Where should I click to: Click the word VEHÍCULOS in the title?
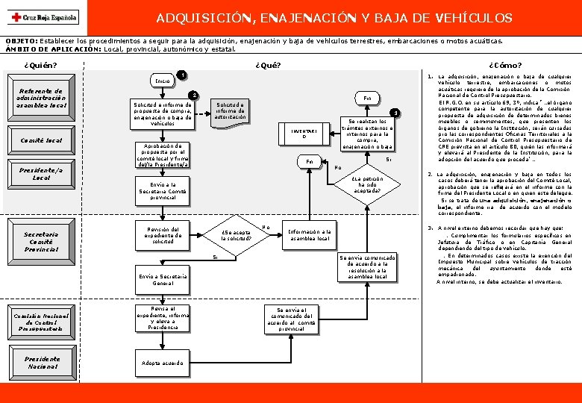pyautogui.click(x=475, y=17)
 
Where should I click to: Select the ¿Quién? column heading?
pyautogui.click(x=40, y=65)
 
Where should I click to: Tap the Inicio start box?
pyautogui.click(x=163, y=79)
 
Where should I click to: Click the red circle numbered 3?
pyautogui.click(x=396, y=113)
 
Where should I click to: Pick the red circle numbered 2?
pyautogui.click(x=193, y=96)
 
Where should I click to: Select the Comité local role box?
pyautogui.click(x=42, y=140)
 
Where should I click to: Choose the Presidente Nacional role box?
pyautogui.click(x=42, y=363)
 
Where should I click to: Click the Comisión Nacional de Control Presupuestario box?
pyautogui.click(x=42, y=322)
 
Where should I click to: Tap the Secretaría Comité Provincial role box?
pyautogui.click(x=42, y=241)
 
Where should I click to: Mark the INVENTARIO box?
pyautogui.click(x=298, y=134)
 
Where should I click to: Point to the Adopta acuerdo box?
pyautogui.click(x=163, y=363)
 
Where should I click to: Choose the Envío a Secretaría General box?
pyautogui.click(x=163, y=280)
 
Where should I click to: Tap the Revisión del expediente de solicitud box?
pyautogui.click(x=163, y=235)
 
